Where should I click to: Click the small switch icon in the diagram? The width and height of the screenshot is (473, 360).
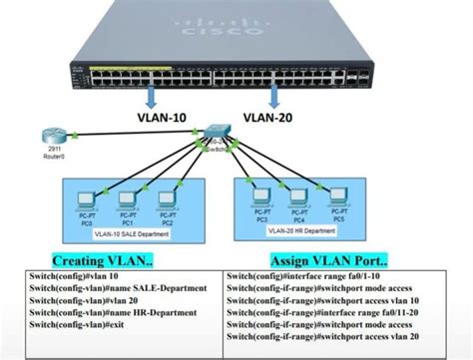click(x=212, y=135)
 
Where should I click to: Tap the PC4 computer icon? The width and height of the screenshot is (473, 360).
click(x=299, y=196)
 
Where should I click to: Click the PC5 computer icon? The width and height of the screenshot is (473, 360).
click(x=338, y=196)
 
